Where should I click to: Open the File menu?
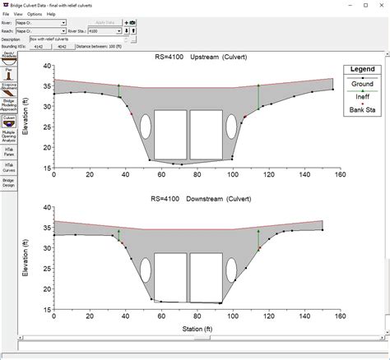pyautogui.click(x=6, y=14)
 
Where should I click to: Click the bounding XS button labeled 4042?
pyautogui.click(x=60, y=47)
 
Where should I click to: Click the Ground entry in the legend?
pyautogui.click(x=360, y=84)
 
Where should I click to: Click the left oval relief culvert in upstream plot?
pyautogui.click(x=146, y=127)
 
